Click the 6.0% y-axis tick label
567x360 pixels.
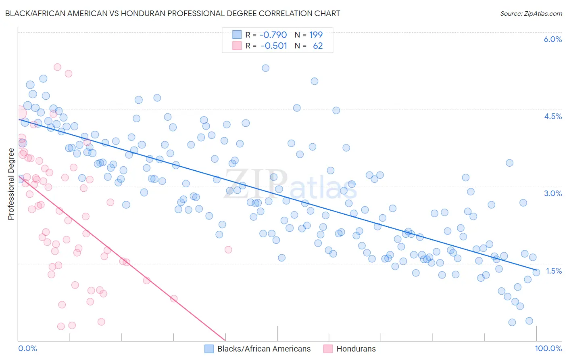point(552,39)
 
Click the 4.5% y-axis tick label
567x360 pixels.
point(552,116)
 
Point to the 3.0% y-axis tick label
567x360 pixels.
point(552,193)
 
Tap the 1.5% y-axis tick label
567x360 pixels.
point(553,271)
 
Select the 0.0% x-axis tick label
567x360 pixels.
point(27,348)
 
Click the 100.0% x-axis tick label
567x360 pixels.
point(548,348)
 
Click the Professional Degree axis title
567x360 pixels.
point(11,184)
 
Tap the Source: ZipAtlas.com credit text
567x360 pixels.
point(531,13)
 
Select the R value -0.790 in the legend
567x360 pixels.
point(273,35)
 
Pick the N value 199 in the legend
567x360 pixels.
point(316,35)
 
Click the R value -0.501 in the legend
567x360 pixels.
point(274,46)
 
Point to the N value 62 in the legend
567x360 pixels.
point(318,46)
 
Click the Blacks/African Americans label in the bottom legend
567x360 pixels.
point(264,349)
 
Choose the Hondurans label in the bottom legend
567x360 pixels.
point(356,349)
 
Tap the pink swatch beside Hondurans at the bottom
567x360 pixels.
point(328,349)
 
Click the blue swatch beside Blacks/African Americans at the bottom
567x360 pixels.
point(209,349)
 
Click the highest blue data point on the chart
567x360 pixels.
point(265,68)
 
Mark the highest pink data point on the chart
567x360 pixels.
point(57,67)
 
